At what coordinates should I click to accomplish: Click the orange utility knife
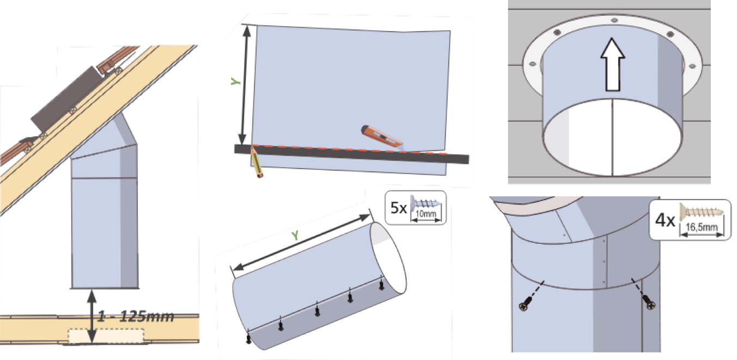[x=382, y=137]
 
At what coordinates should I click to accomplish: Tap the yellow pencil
[x=257, y=163]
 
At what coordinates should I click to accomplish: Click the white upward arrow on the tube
[x=612, y=64]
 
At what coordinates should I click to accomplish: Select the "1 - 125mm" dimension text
[x=136, y=316]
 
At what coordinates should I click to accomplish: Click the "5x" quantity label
[x=398, y=208]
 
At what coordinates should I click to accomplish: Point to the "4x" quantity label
[x=665, y=220]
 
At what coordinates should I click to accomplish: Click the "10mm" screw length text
[x=426, y=214]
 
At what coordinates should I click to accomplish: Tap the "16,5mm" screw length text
[x=702, y=227]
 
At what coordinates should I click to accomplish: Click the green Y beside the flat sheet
[x=235, y=81]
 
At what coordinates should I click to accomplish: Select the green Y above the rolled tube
[x=295, y=235]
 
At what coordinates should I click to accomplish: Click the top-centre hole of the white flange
[x=614, y=20]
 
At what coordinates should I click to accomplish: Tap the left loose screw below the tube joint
[x=525, y=304]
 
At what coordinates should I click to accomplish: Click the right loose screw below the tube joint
[x=649, y=302]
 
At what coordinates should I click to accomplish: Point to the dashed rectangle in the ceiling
[x=106, y=335]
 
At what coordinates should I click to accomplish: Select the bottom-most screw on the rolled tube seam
[x=249, y=339]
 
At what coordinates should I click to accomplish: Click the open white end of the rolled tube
[x=388, y=258]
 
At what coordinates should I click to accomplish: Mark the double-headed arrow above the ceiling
[x=92, y=316]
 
